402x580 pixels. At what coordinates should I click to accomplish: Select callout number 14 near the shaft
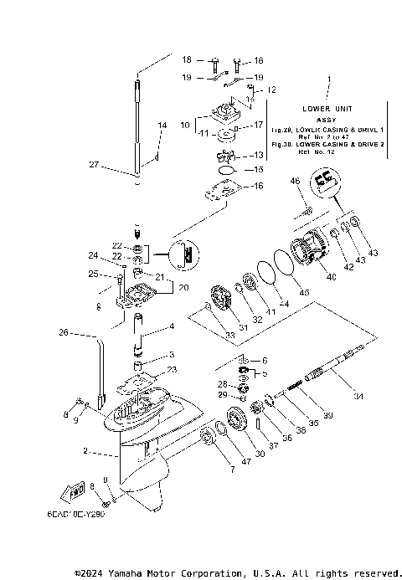click(162, 125)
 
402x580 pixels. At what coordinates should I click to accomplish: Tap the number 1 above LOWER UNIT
click(329, 80)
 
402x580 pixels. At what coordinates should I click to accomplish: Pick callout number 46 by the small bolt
click(295, 181)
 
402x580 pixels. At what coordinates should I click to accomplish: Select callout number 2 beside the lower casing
click(85, 453)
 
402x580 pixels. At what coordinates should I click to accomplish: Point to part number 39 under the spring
click(328, 416)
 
